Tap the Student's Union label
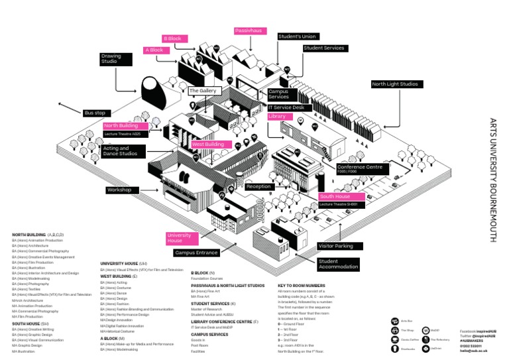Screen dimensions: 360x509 pyautogui.click(x=298, y=36)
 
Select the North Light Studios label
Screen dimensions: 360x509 pyautogui.click(x=395, y=84)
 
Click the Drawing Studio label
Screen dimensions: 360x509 pyautogui.click(x=111, y=59)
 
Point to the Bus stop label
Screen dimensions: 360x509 pyautogui.click(x=95, y=113)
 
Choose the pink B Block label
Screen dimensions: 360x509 pyautogui.click(x=172, y=38)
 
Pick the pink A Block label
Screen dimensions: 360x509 pyautogui.click(x=154, y=50)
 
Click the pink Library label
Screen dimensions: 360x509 pyautogui.click(x=277, y=116)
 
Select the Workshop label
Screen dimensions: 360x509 pyautogui.click(x=119, y=190)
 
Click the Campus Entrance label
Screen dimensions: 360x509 pyautogui.click(x=197, y=253)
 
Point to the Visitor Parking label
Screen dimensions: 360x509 pyautogui.click(x=336, y=246)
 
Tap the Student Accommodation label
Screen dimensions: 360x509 pyautogui.click(x=339, y=265)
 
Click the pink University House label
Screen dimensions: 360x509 pyautogui.click(x=179, y=238)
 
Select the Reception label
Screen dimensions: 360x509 pyautogui.click(x=258, y=187)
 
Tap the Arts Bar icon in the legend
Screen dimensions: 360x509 pyautogui.click(x=395, y=321)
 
